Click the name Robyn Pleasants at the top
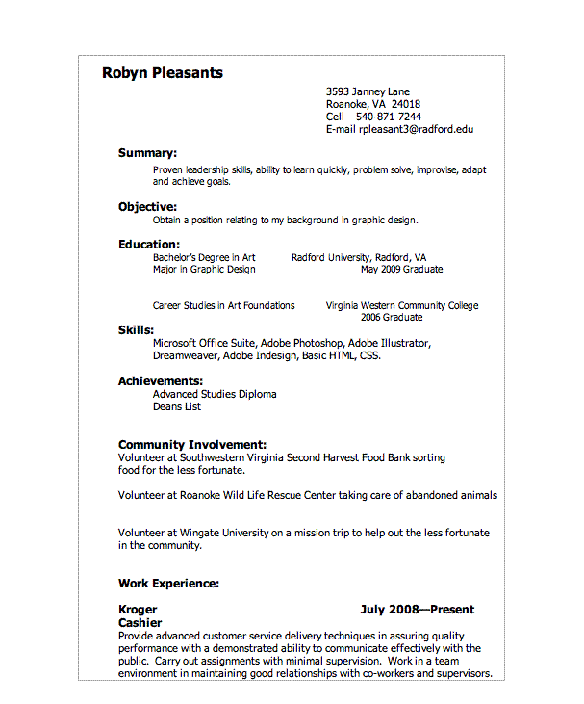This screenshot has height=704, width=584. point(162,73)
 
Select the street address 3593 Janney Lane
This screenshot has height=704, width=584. point(368,92)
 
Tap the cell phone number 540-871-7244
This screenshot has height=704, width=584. point(389,117)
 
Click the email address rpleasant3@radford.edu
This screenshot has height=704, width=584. point(416,129)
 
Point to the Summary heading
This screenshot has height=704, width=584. point(147,153)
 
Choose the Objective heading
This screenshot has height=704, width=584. point(147,207)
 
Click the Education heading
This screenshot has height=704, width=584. point(149,245)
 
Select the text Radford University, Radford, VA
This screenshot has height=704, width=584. point(358,258)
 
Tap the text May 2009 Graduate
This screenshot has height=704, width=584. point(401,270)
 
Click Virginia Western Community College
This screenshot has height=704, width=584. point(401,306)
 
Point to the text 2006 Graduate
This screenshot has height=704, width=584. point(391,318)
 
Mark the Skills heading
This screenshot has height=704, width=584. point(136,330)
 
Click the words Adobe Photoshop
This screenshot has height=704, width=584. point(301,343)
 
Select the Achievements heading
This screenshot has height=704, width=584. point(160,381)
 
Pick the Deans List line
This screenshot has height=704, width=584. point(176,406)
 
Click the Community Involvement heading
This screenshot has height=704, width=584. point(191,445)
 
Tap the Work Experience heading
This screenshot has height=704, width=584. point(168,584)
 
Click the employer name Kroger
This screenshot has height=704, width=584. point(138,610)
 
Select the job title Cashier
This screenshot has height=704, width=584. point(140,623)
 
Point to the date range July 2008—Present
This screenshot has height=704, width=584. point(417,610)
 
